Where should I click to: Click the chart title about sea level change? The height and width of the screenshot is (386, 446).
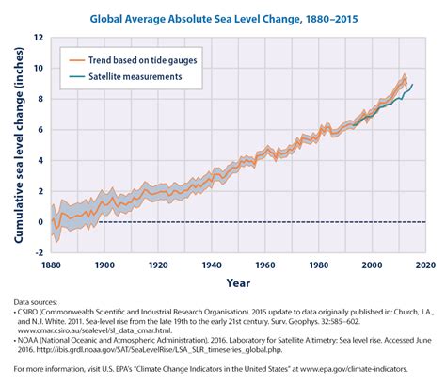pyautogui.click(x=224, y=19)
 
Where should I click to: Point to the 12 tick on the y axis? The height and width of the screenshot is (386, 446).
pyautogui.click(x=39, y=38)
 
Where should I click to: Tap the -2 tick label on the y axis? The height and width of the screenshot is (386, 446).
pyautogui.click(x=39, y=252)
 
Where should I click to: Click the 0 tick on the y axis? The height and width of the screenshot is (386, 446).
pyautogui.click(x=40, y=222)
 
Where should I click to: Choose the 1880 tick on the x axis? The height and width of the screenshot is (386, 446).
pyautogui.click(x=51, y=265)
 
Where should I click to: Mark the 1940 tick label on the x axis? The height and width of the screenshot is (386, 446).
pyautogui.click(x=212, y=265)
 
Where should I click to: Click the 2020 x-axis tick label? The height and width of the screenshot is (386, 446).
pyautogui.click(x=425, y=265)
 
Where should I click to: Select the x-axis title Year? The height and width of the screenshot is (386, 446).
pyautogui.click(x=238, y=283)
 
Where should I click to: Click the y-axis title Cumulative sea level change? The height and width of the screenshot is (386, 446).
pyautogui.click(x=19, y=145)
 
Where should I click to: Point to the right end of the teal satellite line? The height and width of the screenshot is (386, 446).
pyautogui.click(x=412, y=84)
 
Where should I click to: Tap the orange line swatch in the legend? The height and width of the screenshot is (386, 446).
pyautogui.click(x=77, y=60)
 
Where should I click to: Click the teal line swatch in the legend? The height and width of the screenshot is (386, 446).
pyautogui.click(x=77, y=77)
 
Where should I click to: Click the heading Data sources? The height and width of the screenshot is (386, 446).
pyautogui.click(x=36, y=302)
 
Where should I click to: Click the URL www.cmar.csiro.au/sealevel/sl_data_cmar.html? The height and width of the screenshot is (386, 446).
pyautogui.click(x=95, y=330)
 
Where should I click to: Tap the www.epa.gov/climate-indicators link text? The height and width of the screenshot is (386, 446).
pyautogui.click(x=354, y=369)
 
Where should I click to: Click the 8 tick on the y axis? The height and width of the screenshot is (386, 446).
pyautogui.click(x=40, y=99)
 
